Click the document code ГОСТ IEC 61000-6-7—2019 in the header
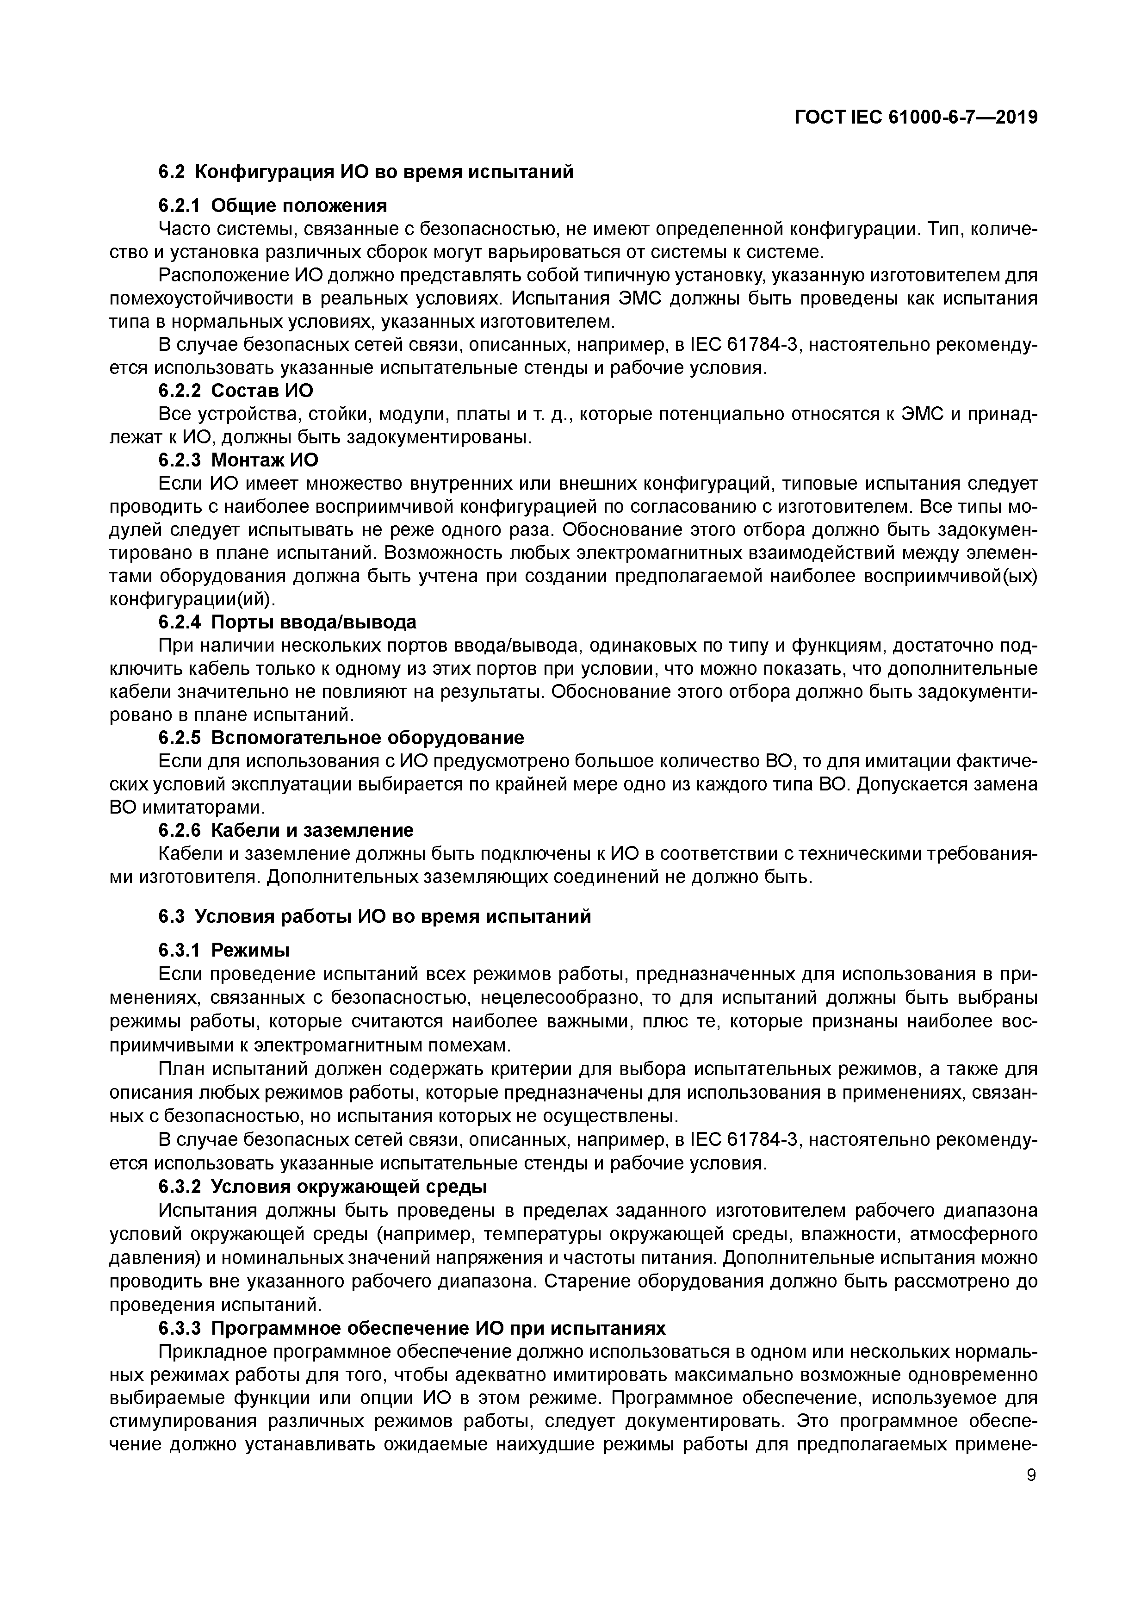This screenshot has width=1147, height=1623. (x=916, y=118)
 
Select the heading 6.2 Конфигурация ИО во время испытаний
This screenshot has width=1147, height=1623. (x=366, y=172)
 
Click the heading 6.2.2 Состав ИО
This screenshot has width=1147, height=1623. (x=236, y=391)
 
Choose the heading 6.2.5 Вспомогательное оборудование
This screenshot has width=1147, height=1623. (x=341, y=738)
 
